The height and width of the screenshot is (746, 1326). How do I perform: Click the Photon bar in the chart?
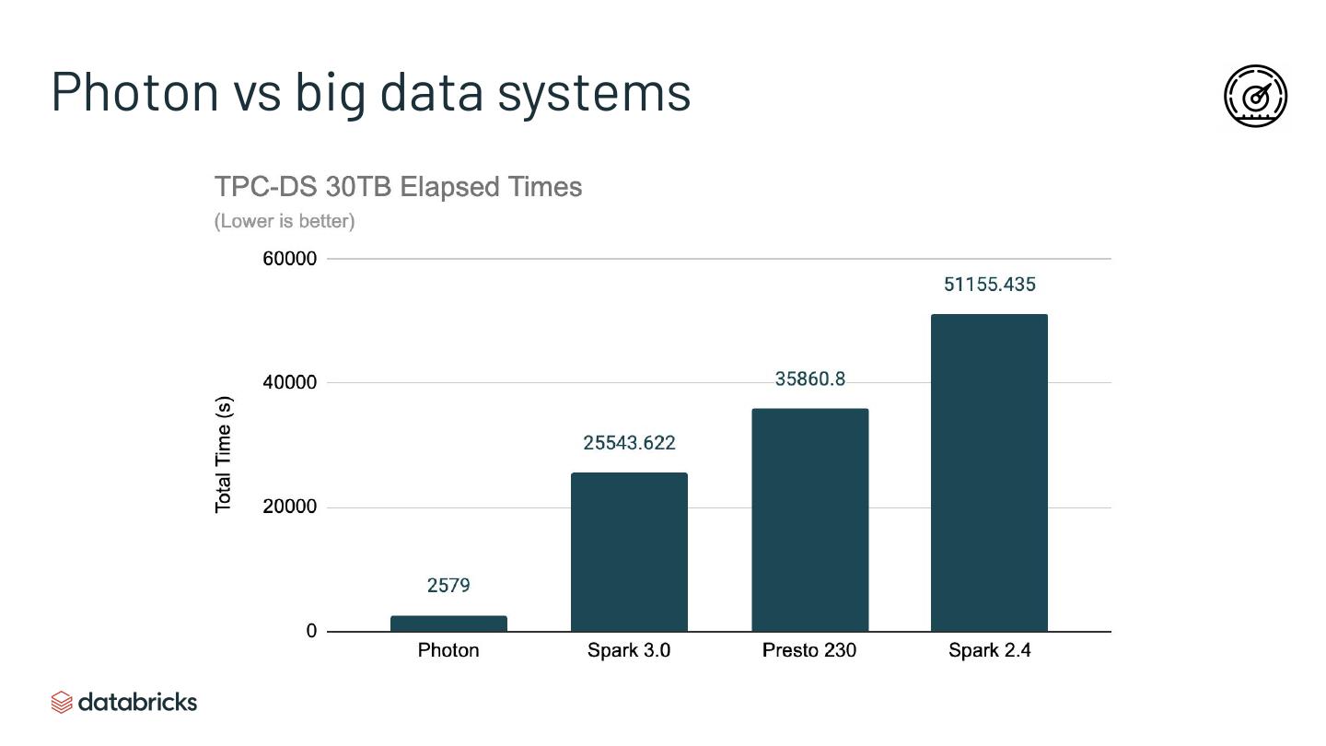tap(448, 624)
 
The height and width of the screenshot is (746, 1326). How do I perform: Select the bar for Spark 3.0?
tap(629, 552)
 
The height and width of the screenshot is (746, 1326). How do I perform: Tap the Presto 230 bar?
tap(809, 519)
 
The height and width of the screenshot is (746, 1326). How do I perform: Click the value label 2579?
tap(448, 586)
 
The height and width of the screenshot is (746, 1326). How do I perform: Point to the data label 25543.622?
tap(629, 443)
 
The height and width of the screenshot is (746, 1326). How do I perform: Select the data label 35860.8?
tap(809, 379)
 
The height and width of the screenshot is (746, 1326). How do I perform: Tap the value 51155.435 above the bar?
tap(989, 285)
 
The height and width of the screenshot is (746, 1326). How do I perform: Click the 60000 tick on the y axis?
tap(289, 259)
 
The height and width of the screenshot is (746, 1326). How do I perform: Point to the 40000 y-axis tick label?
tap(289, 382)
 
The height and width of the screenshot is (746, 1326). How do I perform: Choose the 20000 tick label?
tap(289, 507)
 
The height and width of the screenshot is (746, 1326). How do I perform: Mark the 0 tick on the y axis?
tap(311, 631)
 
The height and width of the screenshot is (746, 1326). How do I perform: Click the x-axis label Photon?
tap(448, 650)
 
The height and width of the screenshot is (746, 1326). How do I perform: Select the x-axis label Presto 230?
tap(809, 650)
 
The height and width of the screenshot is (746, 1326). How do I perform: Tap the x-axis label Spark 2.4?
tap(989, 650)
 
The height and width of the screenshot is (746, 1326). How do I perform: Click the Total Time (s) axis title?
tap(224, 455)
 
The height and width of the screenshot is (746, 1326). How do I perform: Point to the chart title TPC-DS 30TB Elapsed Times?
tap(398, 187)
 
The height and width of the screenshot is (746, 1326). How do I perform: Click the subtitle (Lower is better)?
tap(285, 221)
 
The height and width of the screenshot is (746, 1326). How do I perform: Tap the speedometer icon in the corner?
tap(1255, 96)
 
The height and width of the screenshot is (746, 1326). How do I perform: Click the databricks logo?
tap(124, 702)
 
